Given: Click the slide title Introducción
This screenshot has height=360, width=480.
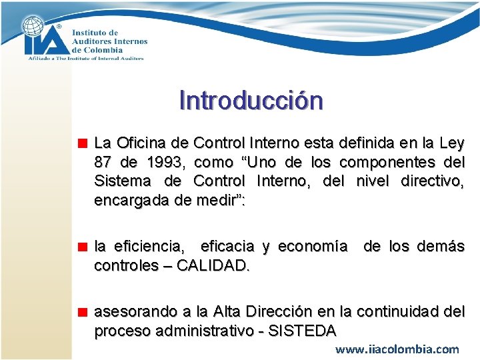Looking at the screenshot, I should [x=251, y=101].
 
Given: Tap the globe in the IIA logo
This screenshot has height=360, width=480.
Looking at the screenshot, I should [x=33, y=27].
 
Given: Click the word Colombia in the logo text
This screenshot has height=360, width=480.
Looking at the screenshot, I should [x=106, y=50].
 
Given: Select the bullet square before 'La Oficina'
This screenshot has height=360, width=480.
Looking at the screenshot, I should [x=83, y=143].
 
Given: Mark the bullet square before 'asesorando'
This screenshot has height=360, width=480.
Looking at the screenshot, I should [x=83, y=312].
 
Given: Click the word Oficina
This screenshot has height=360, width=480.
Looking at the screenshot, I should [x=145, y=143].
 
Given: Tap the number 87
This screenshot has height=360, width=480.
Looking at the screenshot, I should [x=104, y=162].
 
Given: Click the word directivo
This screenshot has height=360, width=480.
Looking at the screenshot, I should [x=432, y=181].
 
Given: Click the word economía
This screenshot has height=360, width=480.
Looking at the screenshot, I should [x=312, y=247].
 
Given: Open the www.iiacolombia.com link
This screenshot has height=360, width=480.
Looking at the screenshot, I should [x=397, y=349].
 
